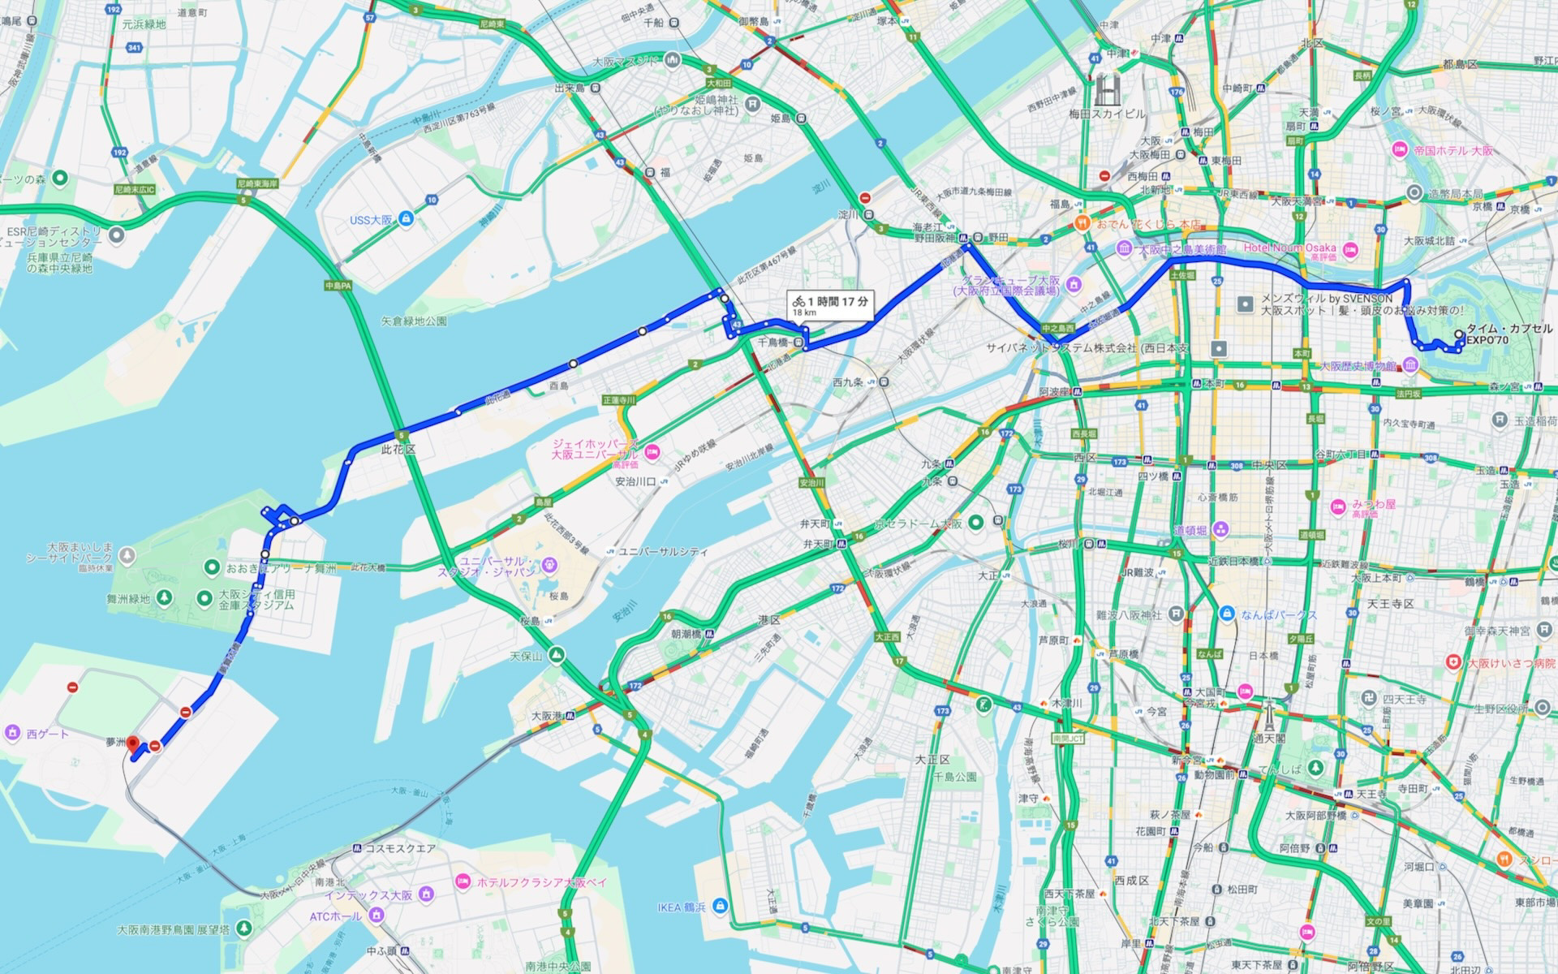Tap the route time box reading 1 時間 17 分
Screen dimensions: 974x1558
(x=831, y=304)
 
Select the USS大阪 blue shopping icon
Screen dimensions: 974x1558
(x=406, y=219)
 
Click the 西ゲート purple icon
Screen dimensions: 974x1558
(x=11, y=734)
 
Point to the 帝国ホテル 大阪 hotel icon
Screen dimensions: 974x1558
(x=1399, y=149)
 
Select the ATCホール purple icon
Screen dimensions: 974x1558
(x=375, y=916)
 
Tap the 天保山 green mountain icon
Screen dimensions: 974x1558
(x=556, y=655)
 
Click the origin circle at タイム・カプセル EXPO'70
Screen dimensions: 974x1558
(x=1460, y=334)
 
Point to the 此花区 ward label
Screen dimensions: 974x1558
(x=398, y=449)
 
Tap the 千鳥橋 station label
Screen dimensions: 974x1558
(x=773, y=343)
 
